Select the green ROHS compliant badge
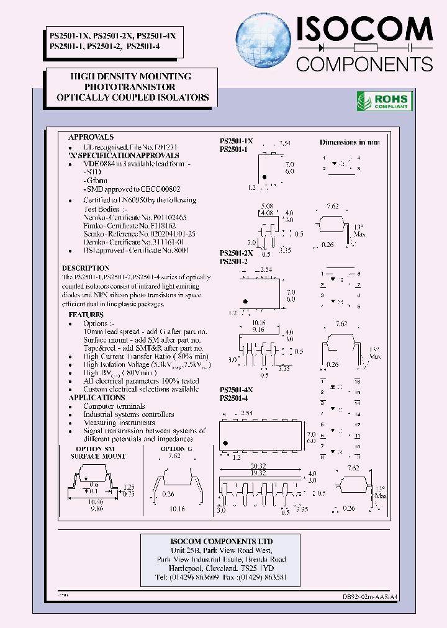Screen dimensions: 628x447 tap(384, 101)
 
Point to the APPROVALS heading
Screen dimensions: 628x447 tap(91, 137)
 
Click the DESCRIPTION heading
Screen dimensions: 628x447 tap(86, 268)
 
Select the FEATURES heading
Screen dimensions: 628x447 tap(86, 315)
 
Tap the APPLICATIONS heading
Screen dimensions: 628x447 tap(96, 397)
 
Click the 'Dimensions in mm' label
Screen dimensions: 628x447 tap(350, 142)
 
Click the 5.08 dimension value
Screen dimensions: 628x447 tap(267, 205)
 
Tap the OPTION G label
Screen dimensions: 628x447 tap(173, 449)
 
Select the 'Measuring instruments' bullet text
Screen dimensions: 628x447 tap(119, 423)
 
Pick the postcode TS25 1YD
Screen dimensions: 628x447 tap(258, 568)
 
